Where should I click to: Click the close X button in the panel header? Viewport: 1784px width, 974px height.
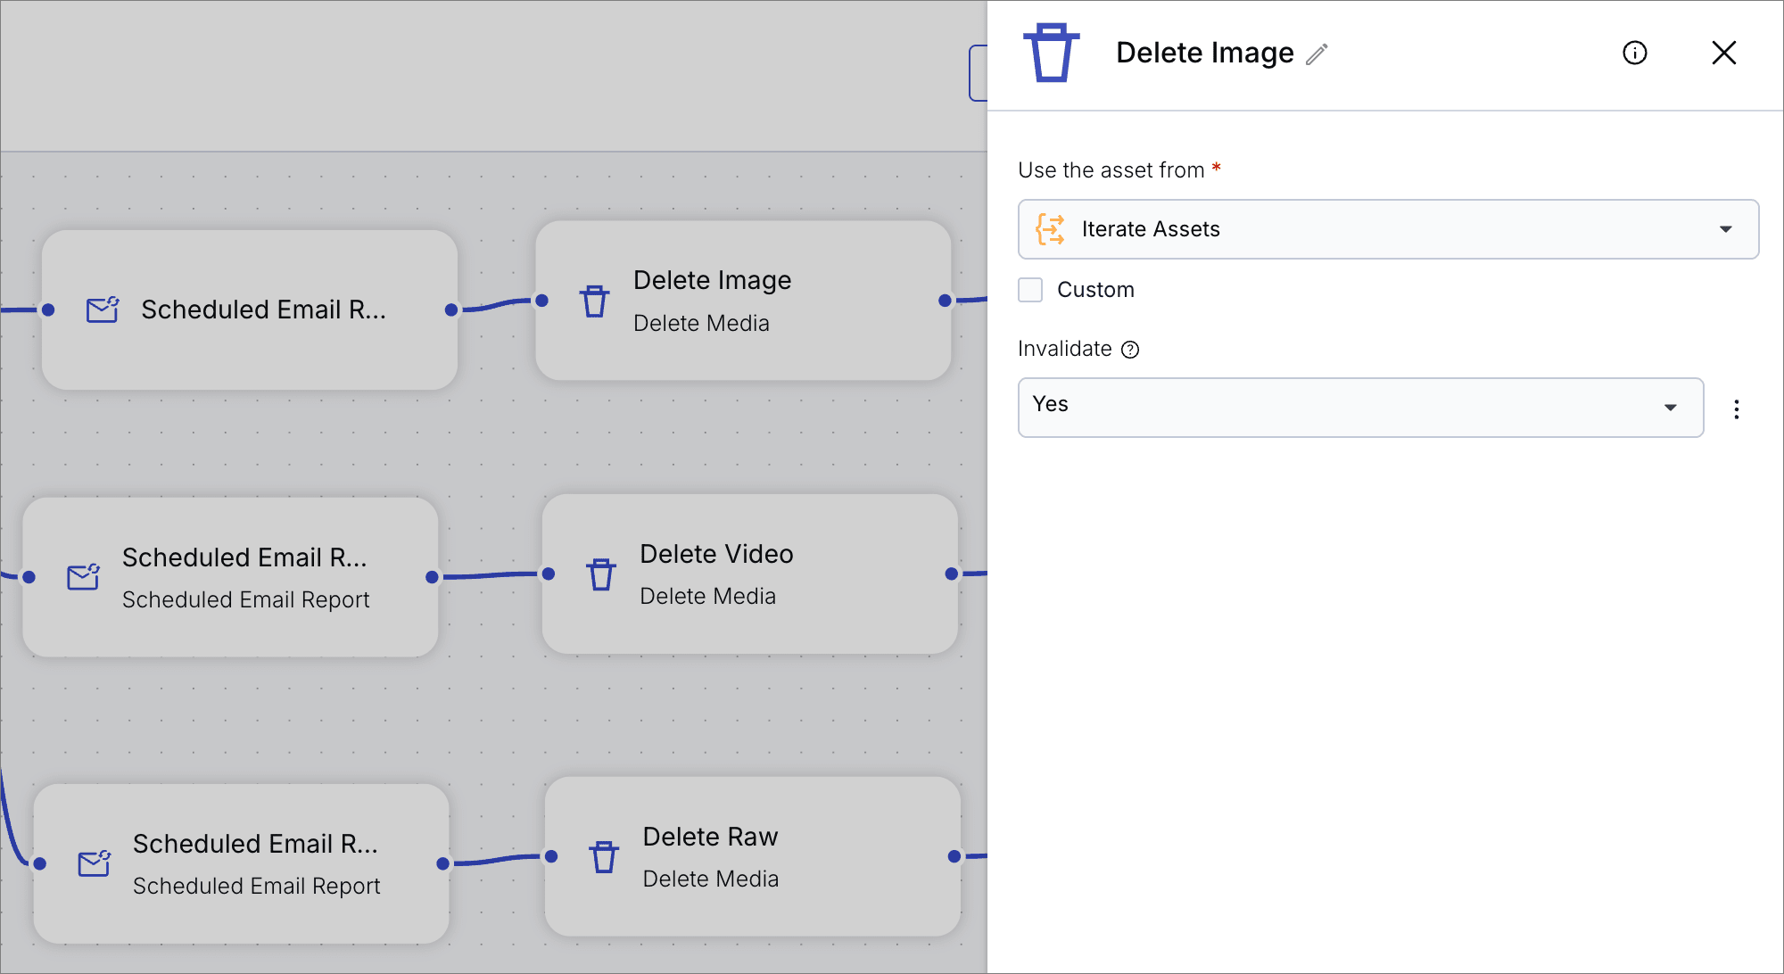[x=1724, y=53]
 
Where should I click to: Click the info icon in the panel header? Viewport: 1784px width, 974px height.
[x=1635, y=53]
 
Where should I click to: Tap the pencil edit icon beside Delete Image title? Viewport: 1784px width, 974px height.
[x=1317, y=54]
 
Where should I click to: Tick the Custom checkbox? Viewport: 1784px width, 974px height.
[x=1030, y=290]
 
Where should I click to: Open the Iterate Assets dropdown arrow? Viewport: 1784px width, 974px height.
[x=1726, y=229]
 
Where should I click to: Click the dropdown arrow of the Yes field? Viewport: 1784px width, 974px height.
[x=1671, y=408]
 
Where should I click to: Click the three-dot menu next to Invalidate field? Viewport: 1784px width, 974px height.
[x=1737, y=409]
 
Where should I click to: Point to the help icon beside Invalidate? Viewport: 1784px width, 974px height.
[x=1130, y=350]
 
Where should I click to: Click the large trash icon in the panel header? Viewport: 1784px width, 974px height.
[x=1052, y=53]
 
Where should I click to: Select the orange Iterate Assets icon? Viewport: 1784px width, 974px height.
[x=1051, y=229]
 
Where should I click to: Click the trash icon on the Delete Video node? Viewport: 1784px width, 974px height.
[x=601, y=574]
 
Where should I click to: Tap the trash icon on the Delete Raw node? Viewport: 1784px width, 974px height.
[x=604, y=857]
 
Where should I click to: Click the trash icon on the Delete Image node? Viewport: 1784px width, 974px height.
[x=595, y=301]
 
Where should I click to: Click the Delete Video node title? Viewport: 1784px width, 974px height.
[x=716, y=554]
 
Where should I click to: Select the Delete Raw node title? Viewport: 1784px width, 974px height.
[x=710, y=837]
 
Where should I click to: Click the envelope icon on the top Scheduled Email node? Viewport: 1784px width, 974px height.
[x=103, y=310]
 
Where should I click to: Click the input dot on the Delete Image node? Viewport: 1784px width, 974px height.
[x=541, y=301]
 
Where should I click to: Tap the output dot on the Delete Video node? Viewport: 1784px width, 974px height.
[x=952, y=574]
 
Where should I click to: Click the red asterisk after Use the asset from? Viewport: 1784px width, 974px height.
[x=1216, y=167]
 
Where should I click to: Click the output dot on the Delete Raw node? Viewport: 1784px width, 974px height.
[x=954, y=856]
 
